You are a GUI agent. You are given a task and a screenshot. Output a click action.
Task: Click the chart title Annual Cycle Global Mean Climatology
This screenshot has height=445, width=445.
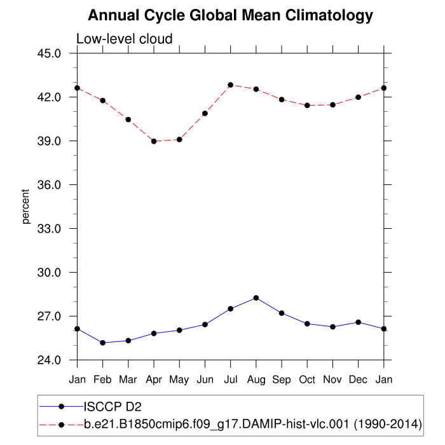tap(230, 15)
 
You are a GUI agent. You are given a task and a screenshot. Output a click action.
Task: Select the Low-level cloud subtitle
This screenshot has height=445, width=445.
tap(124, 39)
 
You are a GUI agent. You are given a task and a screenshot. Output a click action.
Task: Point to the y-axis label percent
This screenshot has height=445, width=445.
tap(26, 207)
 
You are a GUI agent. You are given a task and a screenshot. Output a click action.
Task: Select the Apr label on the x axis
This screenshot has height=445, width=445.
tap(154, 380)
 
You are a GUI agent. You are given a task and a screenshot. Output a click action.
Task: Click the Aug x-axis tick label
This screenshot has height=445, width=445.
tap(256, 380)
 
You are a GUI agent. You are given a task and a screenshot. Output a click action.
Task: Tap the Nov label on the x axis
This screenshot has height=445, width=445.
tap(332, 380)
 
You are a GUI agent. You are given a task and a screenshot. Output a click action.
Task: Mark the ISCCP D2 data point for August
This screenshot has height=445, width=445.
tap(256, 298)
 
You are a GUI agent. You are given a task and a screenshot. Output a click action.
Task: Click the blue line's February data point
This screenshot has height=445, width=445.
tap(103, 343)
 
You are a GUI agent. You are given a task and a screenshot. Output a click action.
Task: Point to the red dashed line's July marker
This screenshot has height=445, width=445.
tap(231, 85)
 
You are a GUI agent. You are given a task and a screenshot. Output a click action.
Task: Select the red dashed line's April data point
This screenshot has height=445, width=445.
tap(154, 141)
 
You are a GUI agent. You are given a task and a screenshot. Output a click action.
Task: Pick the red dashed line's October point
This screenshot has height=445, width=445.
tap(307, 106)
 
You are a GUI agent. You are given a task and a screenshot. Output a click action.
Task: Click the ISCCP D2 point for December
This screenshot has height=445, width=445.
tap(358, 322)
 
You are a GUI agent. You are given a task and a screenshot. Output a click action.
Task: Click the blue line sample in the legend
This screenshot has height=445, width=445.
tap(61, 406)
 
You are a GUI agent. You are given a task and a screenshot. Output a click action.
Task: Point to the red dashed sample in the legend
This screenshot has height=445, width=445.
tap(61, 423)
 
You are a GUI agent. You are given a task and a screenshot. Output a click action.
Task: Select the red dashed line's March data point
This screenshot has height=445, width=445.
tap(128, 120)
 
